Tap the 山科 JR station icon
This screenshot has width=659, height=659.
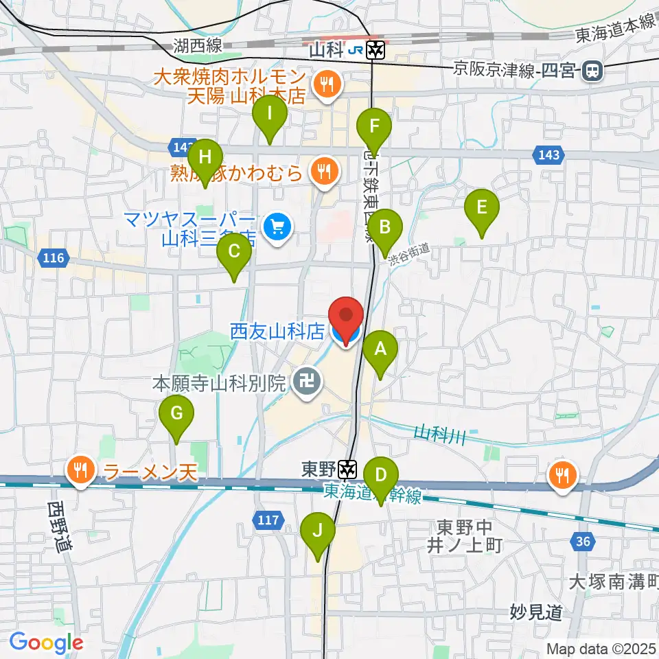tap(375, 50)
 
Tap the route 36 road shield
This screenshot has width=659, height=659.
tap(582, 542)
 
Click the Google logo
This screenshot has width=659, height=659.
tap(47, 643)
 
